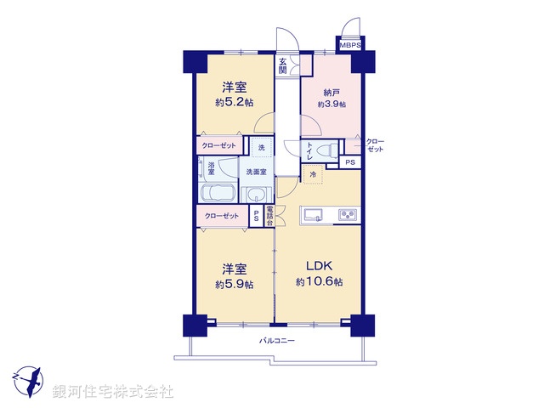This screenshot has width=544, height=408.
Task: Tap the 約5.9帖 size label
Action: pos(235,285)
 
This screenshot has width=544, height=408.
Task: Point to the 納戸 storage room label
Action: pos(331,91)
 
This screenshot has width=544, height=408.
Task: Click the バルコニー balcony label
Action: pos(277,341)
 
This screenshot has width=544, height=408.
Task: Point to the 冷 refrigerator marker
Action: pos(313,174)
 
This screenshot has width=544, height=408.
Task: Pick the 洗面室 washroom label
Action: pos(256,172)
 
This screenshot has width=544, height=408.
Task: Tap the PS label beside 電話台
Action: pos(257,216)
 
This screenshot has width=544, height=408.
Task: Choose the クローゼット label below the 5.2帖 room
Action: pos(220,145)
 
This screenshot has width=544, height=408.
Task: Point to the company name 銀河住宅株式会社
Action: pos(113,392)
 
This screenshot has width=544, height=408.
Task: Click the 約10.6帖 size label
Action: pos(320,281)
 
